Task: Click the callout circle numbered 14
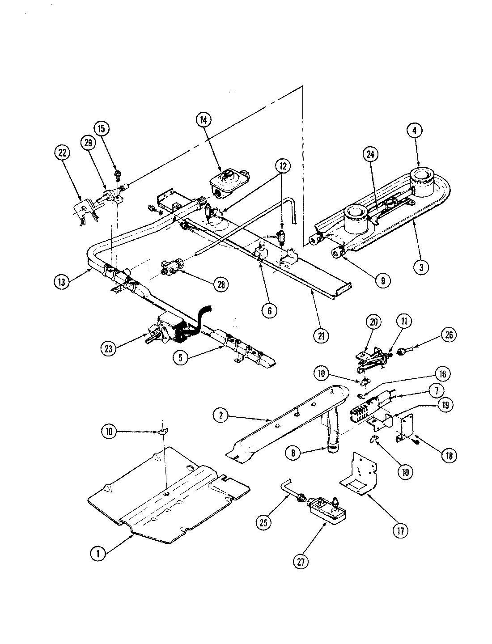204,120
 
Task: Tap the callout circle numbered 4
415,131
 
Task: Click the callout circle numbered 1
98,553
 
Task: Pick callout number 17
400,531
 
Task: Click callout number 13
62,282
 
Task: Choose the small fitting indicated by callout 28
172,268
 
